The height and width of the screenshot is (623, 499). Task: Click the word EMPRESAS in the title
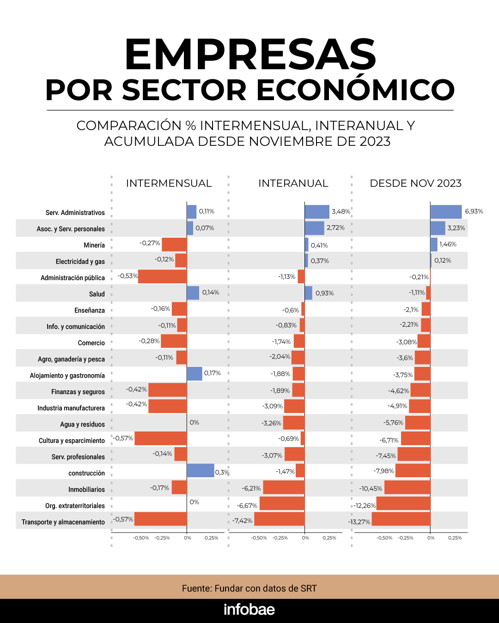pos(250,54)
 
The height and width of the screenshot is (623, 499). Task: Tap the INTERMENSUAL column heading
pos(169,183)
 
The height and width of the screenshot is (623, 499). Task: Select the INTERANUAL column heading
pos(293,183)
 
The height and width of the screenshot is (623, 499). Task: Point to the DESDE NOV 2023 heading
pos(415,183)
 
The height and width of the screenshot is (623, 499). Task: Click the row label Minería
pos(94,245)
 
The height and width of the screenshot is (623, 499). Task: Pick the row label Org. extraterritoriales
pos(75,506)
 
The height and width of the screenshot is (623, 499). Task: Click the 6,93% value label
pos(474,211)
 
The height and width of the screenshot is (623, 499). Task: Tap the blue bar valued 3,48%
pos(316,212)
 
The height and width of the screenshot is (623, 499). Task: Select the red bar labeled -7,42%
pos(279,519)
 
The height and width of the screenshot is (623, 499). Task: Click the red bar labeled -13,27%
pos(401,519)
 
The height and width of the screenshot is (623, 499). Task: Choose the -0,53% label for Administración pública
pos(128,276)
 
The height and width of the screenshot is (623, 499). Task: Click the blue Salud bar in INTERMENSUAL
pos(193,293)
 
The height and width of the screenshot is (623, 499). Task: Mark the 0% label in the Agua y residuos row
pos(194,422)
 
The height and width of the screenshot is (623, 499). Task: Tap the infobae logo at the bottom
pos(249,610)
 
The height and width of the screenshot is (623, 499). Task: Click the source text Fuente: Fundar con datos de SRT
pos(249,588)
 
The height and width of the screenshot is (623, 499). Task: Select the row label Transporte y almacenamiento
pos(63,522)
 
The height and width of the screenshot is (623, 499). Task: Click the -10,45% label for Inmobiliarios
pos(371,488)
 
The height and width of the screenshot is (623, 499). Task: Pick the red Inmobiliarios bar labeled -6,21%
pos(284,487)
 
